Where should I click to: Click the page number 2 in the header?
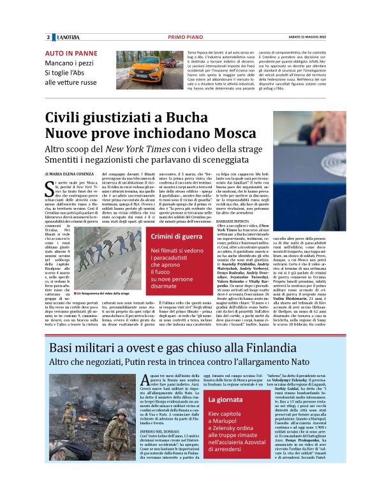[48, 36]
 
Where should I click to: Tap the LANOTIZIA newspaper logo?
[67, 36]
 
